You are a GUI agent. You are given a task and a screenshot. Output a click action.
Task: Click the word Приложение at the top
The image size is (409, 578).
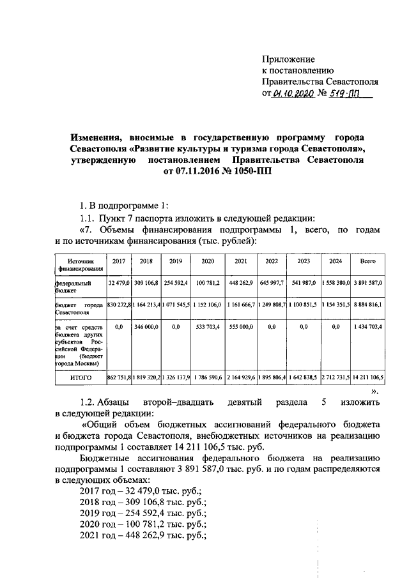pyautogui.click(x=288, y=59)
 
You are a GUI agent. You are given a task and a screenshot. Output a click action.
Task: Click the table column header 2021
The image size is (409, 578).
pyautogui.click(x=240, y=261)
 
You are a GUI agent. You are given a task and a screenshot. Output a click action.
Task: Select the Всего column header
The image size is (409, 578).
pyautogui.click(x=367, y=261)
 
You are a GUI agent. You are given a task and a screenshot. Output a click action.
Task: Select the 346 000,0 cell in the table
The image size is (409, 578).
pyautogui.click(x=146, y=326)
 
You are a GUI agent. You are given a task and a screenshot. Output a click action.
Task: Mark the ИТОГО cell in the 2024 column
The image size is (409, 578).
pyautogui.click(x=336, y=378)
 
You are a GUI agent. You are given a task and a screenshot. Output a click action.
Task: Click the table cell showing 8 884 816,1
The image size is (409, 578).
pyautogui.click(x=367, y=306)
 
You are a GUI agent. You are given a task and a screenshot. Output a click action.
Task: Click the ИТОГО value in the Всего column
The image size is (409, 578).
pyautogui.click(x=367, y=378)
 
